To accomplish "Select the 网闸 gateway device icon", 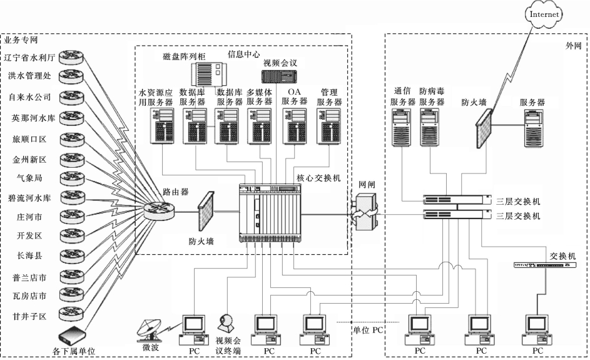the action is [x=364, y=212].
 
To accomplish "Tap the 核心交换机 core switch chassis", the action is [x=270, y=213].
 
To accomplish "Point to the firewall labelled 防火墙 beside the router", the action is [x=205, y=211].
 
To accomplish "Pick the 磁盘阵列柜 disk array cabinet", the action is [x=210, y=74].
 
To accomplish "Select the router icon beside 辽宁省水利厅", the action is [x=71, y=58].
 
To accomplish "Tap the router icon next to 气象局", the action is [x=72, y=178].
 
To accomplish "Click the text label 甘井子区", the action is [x=29, y=316].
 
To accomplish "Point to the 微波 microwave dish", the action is [x=150, y=330].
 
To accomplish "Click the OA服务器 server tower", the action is [x=295, y=126].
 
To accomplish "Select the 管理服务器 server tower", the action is [x=329, y=126].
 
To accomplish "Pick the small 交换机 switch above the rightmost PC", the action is [x=545, y=265].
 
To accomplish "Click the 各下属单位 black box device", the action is [x=73, y=336].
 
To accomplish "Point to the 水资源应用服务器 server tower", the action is [x=162, y=126].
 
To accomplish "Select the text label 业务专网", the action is [x=21, y=40].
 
